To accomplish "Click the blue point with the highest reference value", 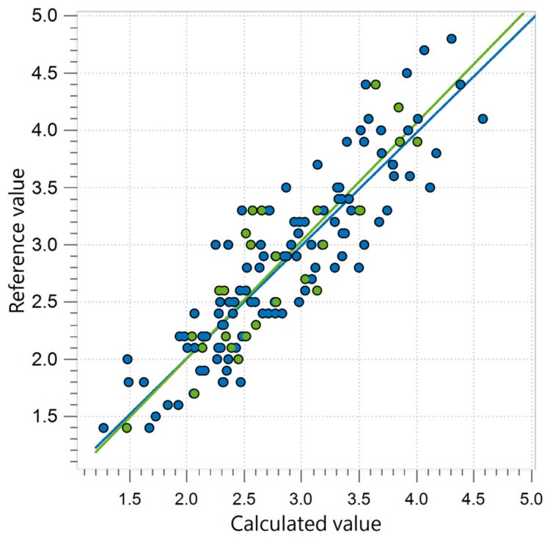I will pos(452,39).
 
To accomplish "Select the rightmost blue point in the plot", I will pos(483,119).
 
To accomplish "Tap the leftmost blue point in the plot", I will pos(103,428).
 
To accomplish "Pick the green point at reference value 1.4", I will pos(126,428).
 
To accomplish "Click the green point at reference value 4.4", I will pos(375,84).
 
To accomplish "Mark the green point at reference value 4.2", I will pos(398,107).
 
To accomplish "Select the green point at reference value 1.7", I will pos(194,393).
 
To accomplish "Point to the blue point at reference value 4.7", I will pos(424,50).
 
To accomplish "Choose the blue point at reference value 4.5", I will pos(407,73).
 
